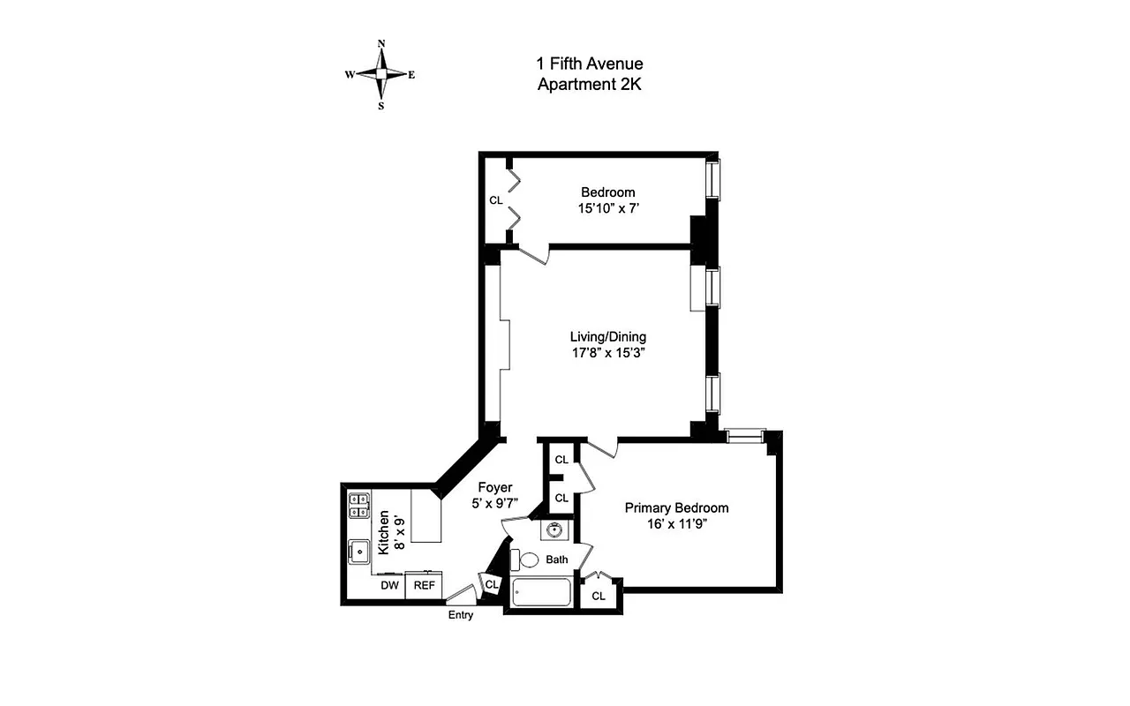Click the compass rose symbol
[x=380, y=75]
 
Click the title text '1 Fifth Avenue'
[x=590, y=64]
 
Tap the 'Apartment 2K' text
[x=590, y=85]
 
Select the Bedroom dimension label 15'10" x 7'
[x=608, y=210]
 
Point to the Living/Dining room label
[x=607, y=336]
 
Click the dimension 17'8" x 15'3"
[x=607, y=353]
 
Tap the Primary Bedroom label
[x=676, y=507]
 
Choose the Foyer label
[x=495, y=487]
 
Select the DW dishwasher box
[x=389, y=585]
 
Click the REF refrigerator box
[x=425, y=585]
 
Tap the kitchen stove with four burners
[x=359, y=504]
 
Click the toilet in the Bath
[x=527, y=560]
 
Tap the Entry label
[x=461, y=615]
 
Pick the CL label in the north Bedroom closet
[x=496, y=200]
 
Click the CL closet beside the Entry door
[x=492, y=583]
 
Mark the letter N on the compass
[x=381, y=43]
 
